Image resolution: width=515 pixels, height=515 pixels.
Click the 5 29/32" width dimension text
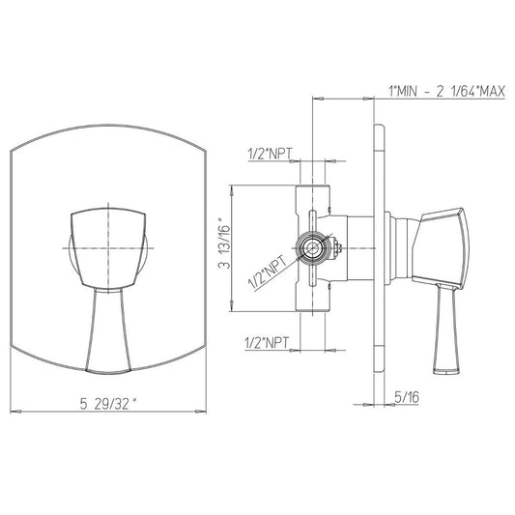tap(108, 404)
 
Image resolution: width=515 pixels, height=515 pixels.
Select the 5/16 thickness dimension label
tap(407, 397)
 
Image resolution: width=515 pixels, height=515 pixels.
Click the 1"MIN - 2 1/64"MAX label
tap(446, 91)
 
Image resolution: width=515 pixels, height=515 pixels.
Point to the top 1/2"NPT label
tap(270, 154)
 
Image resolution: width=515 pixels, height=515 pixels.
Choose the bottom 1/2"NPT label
tap(267, 343)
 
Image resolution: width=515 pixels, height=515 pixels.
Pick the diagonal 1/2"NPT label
tap(268, 272)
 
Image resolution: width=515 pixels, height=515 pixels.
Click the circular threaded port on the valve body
tap(311, 248)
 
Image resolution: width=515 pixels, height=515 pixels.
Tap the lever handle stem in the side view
tap(445, 329)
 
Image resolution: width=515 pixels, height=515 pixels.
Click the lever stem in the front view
tap(108, 330)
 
